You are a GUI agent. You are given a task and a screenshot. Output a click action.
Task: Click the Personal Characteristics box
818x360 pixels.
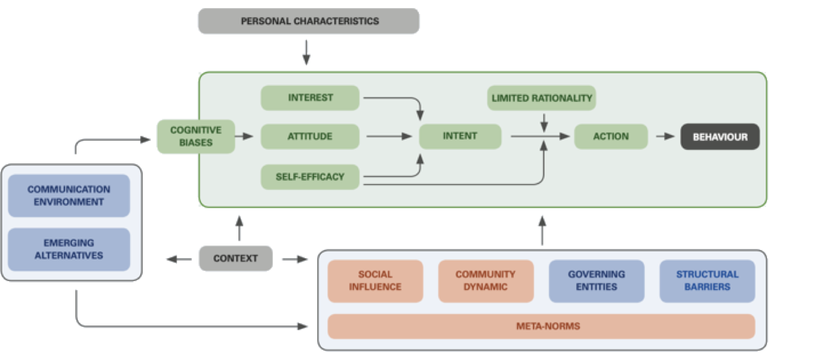tap(309, 21)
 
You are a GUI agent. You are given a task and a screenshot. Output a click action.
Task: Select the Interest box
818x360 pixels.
tap(310, 98)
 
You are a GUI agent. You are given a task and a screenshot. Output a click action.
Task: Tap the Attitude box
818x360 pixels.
tap(310, 136)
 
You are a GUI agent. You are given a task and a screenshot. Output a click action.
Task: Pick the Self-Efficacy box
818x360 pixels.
tap(310, 177)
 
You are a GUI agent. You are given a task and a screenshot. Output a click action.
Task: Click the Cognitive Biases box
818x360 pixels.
tap(196, 136)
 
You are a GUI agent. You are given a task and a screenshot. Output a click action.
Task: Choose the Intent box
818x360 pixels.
tap(460, 136)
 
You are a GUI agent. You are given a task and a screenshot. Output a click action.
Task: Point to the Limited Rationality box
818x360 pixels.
tap(541, 98)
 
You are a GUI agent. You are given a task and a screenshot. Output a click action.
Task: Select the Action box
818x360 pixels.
tap(611, 136)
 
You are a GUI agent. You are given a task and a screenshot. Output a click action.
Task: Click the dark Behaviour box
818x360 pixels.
tap(720, 137)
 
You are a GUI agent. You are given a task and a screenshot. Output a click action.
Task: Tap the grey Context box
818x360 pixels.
tap(236, 258)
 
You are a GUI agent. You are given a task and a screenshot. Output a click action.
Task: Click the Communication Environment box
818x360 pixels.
tap(69, 196)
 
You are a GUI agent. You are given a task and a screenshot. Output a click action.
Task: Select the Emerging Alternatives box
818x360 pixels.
tap(69, 249)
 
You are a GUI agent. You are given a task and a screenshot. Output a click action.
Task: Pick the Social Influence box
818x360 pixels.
tap(375, 281)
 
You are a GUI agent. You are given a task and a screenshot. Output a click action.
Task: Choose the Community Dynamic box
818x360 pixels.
tap(485, 281)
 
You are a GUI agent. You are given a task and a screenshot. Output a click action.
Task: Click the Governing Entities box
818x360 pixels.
tap(596, 281)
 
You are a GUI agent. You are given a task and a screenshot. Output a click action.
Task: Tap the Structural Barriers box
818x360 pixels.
tap(707, 281)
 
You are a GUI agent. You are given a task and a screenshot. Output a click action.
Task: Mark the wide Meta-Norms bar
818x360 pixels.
tap(541, 326)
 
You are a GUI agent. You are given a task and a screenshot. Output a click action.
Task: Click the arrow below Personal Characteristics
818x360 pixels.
tap(306, 52)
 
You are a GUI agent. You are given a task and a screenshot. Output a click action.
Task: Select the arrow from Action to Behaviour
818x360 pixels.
tap(665, 136)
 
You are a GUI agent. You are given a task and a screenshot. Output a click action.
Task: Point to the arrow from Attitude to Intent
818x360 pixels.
tap(389, 136)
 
